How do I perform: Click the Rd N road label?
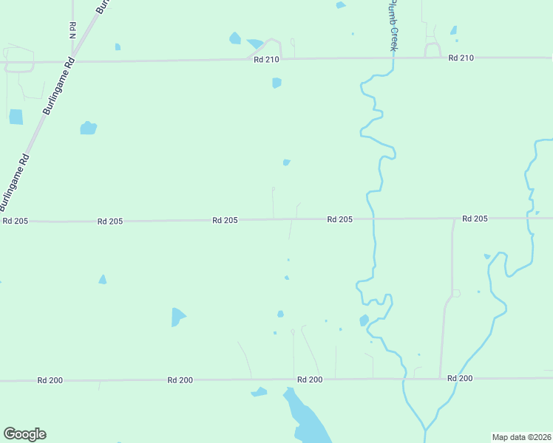point(72,30)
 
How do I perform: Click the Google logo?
point(24,434)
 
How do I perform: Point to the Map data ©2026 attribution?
point(521,436)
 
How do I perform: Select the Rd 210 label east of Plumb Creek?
point(461,58)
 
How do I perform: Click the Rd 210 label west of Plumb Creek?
point(266,60)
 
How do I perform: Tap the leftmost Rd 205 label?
point(15,221)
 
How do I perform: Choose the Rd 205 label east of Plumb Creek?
point(475,219)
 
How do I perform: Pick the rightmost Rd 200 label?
point(460,378)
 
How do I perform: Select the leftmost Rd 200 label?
point(50,380)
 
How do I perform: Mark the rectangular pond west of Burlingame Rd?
point(16,117)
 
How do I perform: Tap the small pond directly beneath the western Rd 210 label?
point(276,83)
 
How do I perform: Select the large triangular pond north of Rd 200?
point(177,317)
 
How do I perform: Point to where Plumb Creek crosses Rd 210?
point(393,58)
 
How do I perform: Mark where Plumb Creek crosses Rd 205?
point(371,219)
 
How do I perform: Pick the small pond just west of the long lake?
point(259,391)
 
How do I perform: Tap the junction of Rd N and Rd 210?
point(72,61)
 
